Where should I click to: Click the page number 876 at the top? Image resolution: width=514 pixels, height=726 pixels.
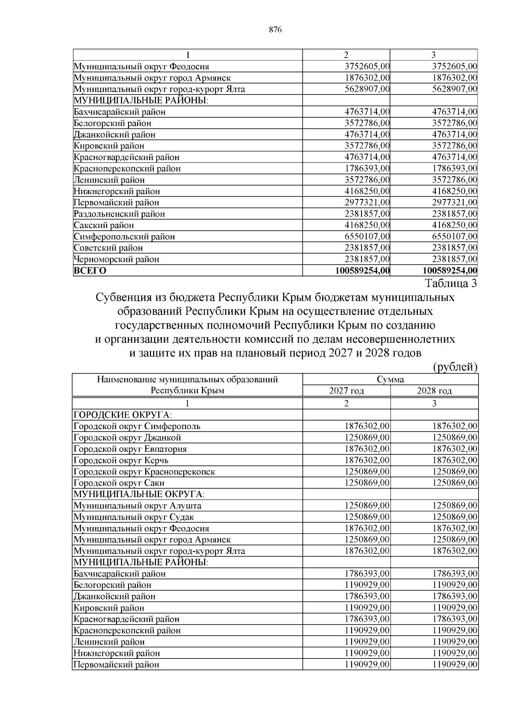275,30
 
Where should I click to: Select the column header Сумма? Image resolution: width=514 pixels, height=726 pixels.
390,379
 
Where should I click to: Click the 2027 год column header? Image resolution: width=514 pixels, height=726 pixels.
346,391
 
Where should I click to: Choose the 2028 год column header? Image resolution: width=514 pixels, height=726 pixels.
434,391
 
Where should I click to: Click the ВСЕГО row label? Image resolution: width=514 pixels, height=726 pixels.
90,270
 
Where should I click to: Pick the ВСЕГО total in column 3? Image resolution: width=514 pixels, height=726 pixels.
450,270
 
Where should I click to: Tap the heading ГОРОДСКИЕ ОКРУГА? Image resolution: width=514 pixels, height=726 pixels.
123,415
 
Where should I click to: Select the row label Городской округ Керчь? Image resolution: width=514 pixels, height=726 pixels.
121,460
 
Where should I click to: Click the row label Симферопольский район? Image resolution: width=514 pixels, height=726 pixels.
124,236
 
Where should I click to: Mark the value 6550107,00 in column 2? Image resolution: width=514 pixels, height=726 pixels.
367,236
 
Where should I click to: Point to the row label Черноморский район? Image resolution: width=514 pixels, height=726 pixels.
117,259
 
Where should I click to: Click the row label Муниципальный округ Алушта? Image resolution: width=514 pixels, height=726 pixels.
137,505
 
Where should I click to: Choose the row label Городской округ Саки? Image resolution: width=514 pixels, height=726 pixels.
119,483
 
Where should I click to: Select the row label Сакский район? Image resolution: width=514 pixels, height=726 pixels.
104,225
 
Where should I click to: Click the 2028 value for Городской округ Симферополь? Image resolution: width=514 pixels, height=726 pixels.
455,426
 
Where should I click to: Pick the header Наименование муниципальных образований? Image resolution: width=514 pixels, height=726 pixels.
187,379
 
